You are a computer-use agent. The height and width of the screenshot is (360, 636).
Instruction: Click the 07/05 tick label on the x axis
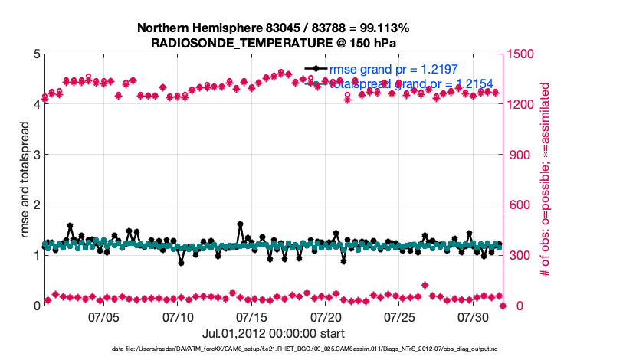[x=104, y=317]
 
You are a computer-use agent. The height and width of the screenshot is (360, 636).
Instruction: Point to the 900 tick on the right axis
[x=520, y=155]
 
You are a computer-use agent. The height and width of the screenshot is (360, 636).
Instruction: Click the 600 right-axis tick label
[x=520, y=205]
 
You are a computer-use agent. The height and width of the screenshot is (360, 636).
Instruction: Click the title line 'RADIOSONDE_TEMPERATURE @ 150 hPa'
[x=273, y=43]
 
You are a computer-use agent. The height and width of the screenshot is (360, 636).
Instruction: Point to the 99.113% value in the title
[x=383, y=28]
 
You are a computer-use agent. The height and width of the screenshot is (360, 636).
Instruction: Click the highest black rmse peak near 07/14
[x=241, y=224]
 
